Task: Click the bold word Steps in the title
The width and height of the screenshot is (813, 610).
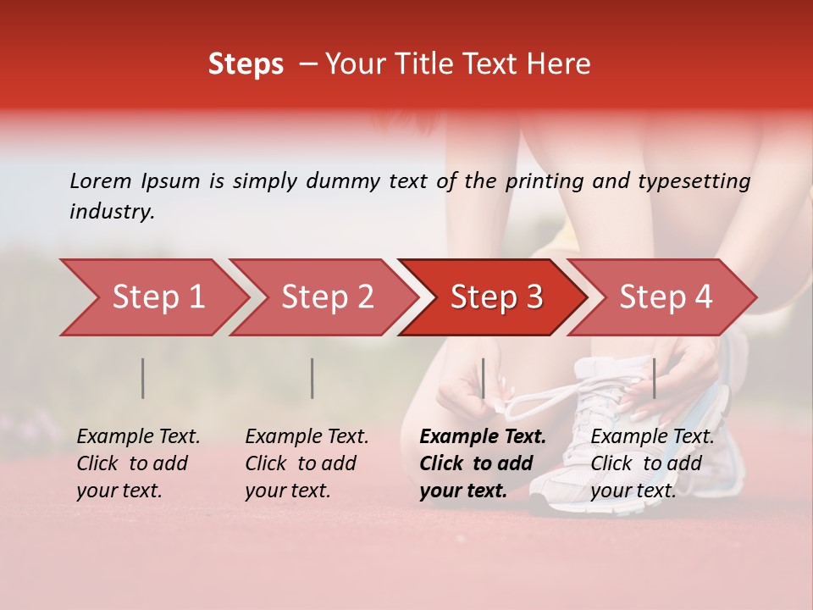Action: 246,64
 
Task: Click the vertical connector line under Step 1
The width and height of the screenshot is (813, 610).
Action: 143,378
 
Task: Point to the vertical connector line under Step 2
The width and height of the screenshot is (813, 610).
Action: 312,378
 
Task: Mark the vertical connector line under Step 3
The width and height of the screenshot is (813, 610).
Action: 483,378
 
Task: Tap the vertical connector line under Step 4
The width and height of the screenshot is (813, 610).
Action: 654,378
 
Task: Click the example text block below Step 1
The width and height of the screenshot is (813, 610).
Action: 138,463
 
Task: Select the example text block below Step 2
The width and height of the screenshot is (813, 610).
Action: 307,463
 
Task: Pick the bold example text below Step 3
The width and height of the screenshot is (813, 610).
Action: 483,463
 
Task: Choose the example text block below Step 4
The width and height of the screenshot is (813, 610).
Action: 652,463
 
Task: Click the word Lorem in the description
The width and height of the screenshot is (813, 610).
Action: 101,180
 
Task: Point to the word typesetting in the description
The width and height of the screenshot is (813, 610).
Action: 694,180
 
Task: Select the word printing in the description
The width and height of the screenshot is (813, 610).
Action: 545,180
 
